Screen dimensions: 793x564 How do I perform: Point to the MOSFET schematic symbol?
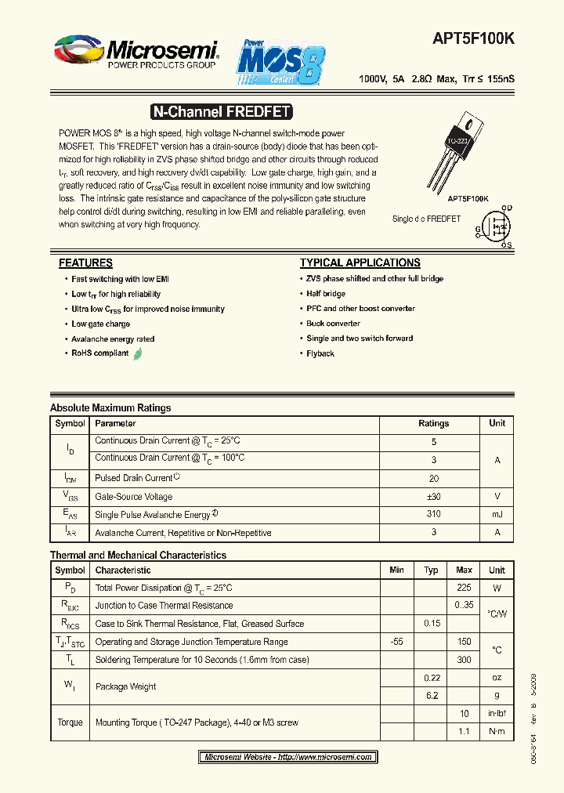[495, 227]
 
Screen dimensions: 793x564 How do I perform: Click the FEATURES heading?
[85, 263]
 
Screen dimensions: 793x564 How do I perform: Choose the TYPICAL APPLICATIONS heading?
[360, 263]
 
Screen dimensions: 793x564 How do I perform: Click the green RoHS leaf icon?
[138, 353]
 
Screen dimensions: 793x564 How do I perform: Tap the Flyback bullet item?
[320, 353]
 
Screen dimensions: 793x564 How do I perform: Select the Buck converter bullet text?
[334, 324]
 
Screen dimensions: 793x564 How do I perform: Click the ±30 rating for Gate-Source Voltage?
[433, 496]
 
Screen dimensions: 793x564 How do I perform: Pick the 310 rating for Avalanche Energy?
[433, 514]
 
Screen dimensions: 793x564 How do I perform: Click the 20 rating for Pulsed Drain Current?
[433, 477]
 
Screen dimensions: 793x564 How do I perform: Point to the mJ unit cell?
[497, 514]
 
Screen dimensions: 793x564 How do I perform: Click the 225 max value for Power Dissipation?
[464, 588]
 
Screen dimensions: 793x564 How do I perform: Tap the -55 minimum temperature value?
[396, 642]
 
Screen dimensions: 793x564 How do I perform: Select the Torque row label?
[70, 722]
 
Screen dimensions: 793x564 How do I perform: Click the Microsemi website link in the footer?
[287, 757]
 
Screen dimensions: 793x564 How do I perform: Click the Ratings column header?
[433, 423]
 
